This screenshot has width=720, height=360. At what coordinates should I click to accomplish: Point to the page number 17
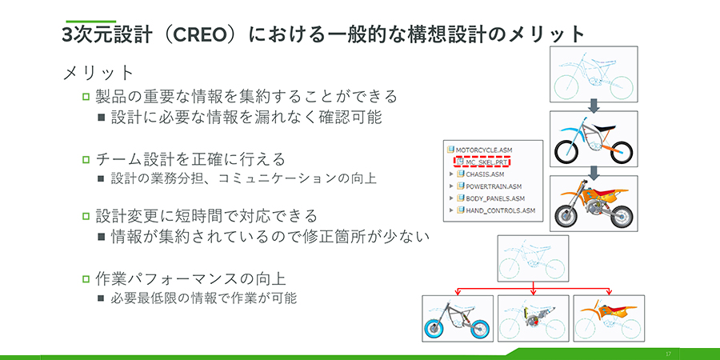click(x=667, y=354)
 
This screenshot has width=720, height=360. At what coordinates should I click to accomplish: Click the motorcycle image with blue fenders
click(x=594, y=138)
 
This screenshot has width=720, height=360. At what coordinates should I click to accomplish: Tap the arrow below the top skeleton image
click(x=594, y=105)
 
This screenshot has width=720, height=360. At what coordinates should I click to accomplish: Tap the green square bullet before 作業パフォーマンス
click(x=86, y=278)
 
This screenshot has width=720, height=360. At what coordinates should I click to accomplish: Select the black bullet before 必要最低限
click(x=101, y=298)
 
